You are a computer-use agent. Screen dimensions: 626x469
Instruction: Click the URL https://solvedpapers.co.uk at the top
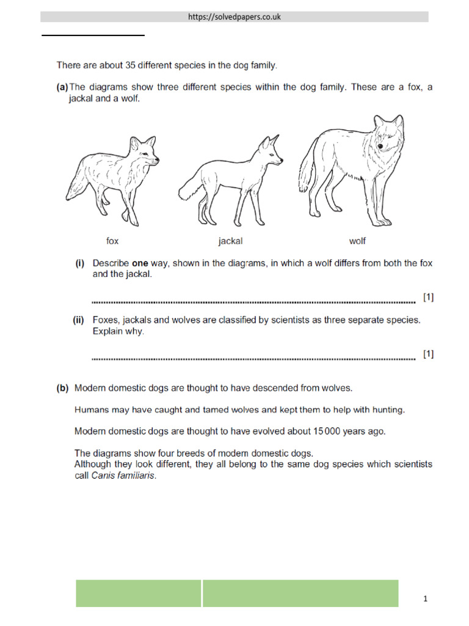point(234,17)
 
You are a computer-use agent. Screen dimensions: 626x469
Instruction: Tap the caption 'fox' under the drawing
point(112,241)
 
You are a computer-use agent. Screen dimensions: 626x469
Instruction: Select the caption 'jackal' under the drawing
point(230,241)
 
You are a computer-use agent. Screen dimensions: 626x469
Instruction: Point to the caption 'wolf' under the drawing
point(357,241)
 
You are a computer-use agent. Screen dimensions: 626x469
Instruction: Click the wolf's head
point(387,137)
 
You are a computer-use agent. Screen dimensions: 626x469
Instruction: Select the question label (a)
point(62,87)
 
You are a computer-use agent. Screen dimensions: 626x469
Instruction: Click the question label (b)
point(62,388)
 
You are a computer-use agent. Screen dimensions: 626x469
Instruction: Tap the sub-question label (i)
point(80,263)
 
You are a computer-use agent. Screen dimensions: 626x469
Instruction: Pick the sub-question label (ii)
point(79,320)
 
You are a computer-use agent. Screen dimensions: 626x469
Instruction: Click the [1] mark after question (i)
point(428,297)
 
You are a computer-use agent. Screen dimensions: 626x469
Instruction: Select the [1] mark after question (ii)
point(428,354)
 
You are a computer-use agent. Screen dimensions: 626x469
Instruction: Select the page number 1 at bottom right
point(426,600)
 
